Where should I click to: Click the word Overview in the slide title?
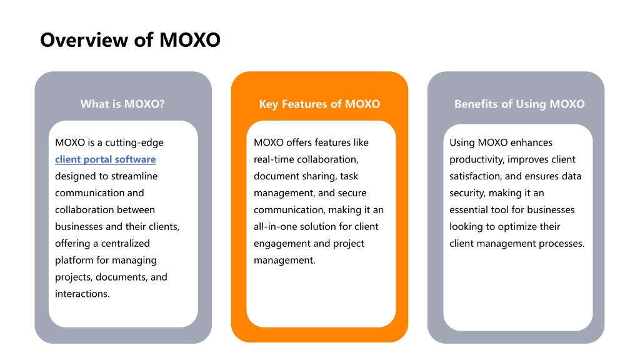pos(84,40)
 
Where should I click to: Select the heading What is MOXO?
pos(122,104)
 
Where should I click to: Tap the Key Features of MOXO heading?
pos(319,104)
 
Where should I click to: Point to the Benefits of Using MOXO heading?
pos(519,104)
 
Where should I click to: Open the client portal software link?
pos(105,159)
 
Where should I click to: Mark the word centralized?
pos(125,244)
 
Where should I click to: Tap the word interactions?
pos(82,294)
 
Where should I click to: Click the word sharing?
pos(319,177)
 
